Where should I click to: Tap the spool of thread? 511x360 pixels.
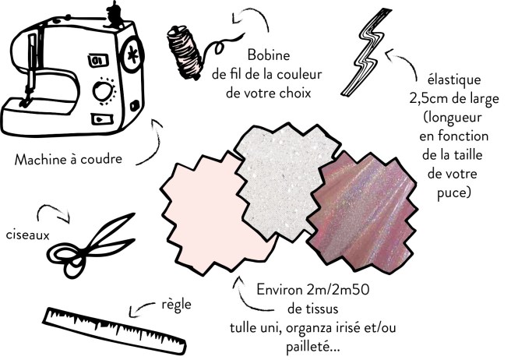[185, 48]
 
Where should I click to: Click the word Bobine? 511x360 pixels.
[270, 55]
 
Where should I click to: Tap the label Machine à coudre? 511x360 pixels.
[73, 161]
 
